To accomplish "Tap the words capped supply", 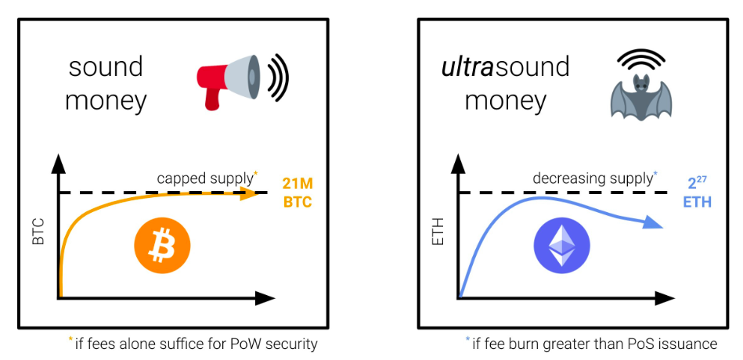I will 205,178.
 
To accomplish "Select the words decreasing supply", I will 592,178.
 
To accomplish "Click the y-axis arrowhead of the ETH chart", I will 459,163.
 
